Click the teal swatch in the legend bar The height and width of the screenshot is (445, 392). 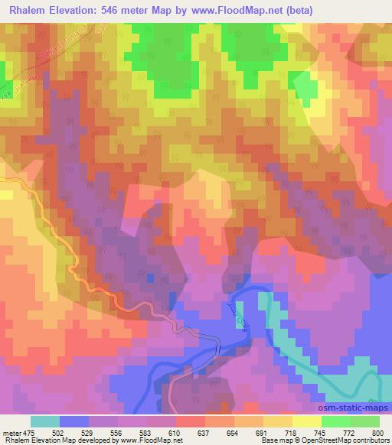pyautogui.click(x=45, y=421)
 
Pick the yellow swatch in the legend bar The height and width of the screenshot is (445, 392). pyautogui.click(x=307, y=421)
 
